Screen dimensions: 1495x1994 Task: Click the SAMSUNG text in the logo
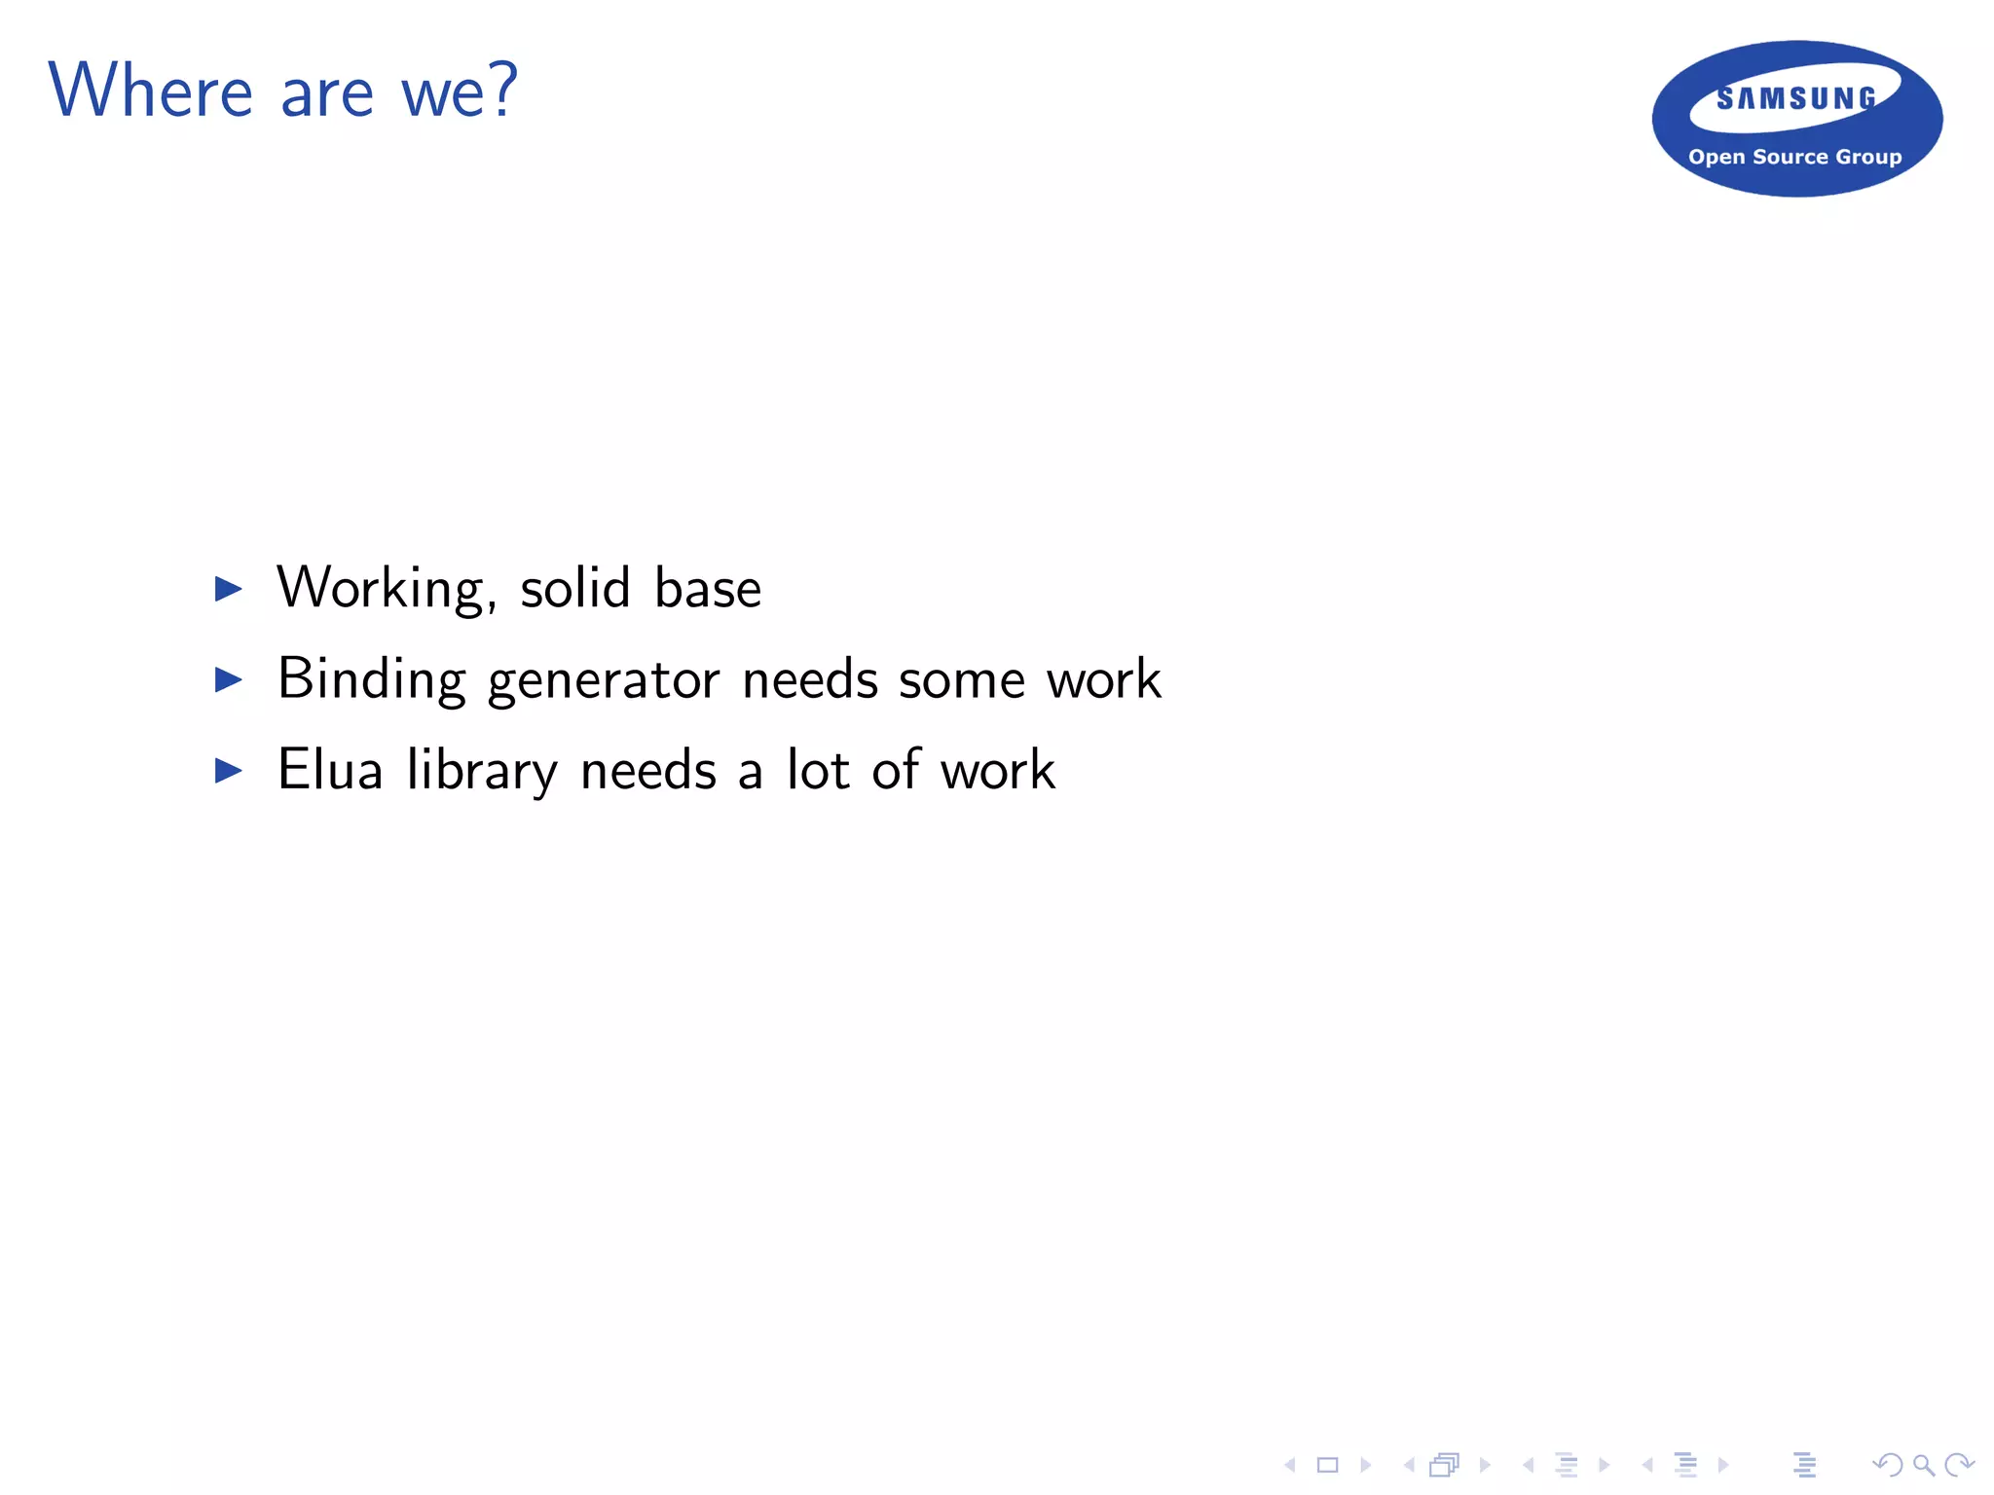pos(1796,98)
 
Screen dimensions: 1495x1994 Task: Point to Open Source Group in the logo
pos(1794,157)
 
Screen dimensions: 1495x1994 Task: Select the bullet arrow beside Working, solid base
pos(228,588)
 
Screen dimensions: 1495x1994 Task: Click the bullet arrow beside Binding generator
pos(228,679)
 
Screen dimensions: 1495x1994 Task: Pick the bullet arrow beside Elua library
pos(228,771)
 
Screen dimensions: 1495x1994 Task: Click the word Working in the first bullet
pos(381,588)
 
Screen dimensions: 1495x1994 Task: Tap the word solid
pos(575,588)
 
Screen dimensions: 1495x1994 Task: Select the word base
pos(708,588)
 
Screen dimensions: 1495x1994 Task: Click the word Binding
pos(372,679)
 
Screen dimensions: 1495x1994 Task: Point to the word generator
pos(604,679)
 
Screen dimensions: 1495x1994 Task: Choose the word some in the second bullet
pos(961,679)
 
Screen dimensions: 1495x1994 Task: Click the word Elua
pos(330,771)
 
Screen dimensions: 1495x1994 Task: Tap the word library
pos(482,771)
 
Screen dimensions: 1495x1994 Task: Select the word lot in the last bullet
pos(818,771)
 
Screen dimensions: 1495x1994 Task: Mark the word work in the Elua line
pos(998,771)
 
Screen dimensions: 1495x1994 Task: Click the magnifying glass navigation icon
pos(1923,1465)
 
